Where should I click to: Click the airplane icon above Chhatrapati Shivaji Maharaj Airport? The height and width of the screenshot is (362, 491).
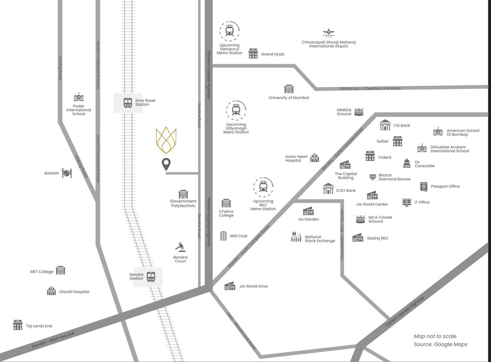[328, 33]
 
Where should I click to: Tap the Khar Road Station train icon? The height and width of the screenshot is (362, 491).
[128, 103]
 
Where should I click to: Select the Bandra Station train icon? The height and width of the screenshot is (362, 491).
[151, 277]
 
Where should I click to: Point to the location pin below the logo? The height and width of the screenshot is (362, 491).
[166, 165]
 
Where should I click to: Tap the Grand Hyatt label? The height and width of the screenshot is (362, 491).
[273, 54]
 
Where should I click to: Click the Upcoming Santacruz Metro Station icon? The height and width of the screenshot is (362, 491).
[229, 31]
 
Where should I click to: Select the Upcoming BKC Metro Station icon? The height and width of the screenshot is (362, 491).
[263, 188]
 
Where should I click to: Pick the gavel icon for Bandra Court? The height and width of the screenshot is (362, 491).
[180, 247]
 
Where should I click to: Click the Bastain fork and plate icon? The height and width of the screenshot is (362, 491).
[67, 173]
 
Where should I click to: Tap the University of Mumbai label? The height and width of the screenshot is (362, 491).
[289, 98]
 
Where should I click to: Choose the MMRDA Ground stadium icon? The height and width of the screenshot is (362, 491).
[359, 112]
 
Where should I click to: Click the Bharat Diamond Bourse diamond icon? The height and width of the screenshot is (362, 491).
[373, 177]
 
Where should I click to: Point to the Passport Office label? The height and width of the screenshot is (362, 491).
[445, 186]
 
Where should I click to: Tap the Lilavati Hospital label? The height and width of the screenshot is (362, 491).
[74, 292]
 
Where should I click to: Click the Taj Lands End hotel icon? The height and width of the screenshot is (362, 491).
[18, 325]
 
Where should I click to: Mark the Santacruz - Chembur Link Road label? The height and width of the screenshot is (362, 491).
[370, 89]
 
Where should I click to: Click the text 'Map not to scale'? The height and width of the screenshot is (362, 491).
[435, 336]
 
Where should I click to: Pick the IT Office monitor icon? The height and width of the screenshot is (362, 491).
[407, 202]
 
